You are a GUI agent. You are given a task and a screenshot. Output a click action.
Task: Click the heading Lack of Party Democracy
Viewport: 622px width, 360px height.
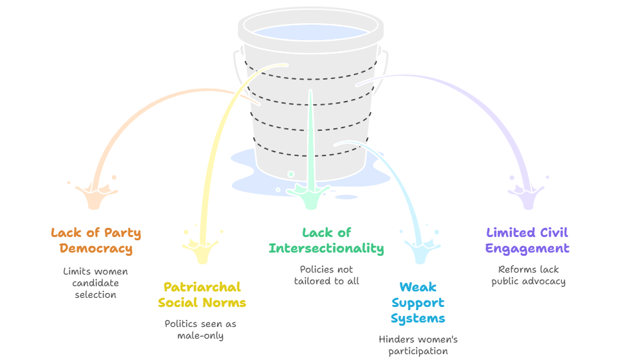tap(96, 240)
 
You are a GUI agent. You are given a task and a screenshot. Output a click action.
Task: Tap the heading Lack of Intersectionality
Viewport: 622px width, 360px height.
tap(326, 240)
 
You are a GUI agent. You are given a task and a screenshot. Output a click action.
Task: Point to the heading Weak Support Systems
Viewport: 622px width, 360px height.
tap(418, 302)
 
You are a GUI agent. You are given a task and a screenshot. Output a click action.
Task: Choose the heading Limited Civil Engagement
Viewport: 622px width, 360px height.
tap(527, 240)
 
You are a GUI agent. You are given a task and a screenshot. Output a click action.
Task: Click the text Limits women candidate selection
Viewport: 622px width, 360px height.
tap(96, 283)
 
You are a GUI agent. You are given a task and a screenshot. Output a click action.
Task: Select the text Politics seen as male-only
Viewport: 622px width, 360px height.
tap(200, 330)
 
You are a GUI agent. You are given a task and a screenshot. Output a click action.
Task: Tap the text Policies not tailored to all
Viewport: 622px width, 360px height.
tap(326, 275)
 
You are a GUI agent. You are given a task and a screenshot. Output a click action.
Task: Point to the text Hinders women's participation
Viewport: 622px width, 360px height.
tap(418, 345)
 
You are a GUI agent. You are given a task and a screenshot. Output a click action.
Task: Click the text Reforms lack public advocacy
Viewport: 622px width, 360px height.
tap(527, 275)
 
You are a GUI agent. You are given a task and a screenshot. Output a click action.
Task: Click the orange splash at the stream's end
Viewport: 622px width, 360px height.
tap(96, 194)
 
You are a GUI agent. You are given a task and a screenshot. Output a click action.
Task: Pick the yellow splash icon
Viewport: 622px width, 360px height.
tap(203, 250)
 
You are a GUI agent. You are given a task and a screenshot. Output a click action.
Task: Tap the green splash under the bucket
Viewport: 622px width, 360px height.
tap(310, 194)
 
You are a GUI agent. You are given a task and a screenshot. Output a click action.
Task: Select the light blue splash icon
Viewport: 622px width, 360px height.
tap(419, 249)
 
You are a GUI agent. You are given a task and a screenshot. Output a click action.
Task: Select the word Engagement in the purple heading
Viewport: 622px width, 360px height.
tap(527, 248)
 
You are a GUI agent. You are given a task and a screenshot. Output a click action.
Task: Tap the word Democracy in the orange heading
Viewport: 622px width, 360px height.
tap(96, 248)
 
